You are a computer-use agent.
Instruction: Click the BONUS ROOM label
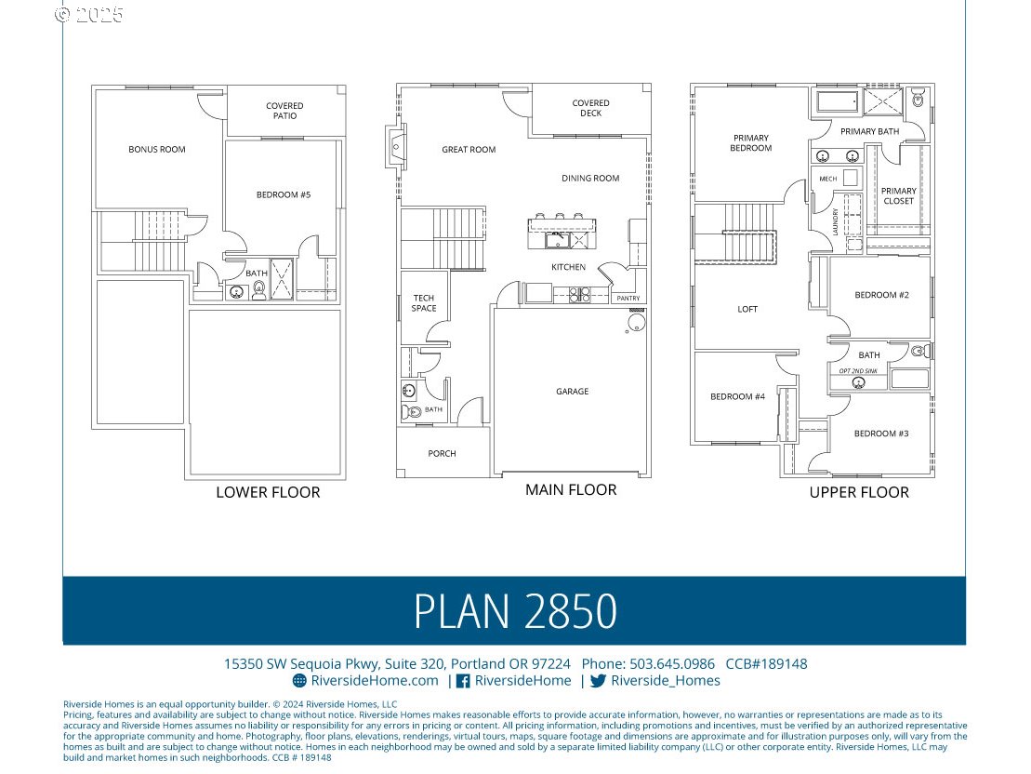pyautogui.click(x=156, y=149)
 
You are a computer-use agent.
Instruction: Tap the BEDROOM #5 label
pyautogui.click(x=284, y=194)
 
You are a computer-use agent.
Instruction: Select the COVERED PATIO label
pyautogui.click(x=284, y=111)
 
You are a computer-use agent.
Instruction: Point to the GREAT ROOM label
pyautogui.click(x=469, y=150)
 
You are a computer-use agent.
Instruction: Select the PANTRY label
pyautogui.click(x=628, y=299)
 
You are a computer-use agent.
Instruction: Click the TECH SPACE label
pyautogui.click(x=424, y=303)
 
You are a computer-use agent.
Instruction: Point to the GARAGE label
pyautogui.click(x=572, y=392)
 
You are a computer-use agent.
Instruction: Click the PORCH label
pyautogui.click(x=442, y=454)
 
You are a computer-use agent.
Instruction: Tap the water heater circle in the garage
pyautogui.click(x=636, y=323)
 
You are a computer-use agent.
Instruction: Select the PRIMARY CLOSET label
pyautogui.click(x=898, y=196)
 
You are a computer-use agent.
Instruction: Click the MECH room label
pyautogui.click(x=827, y=179)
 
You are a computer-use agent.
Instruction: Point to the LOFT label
pyautogui.click(x=747, y=309)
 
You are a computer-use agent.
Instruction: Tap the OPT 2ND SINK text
pyautogui.click(x=858, y=371)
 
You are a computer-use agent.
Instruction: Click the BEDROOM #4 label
pyautogui.click(x=737, y=396)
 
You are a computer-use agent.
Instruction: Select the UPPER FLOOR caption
pyautogui.click(x=858, y=492)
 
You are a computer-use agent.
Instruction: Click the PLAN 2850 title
pyautogui.click(x=515, y=611)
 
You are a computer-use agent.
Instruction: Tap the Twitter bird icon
pyautogui.click(x=598, y=681)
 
